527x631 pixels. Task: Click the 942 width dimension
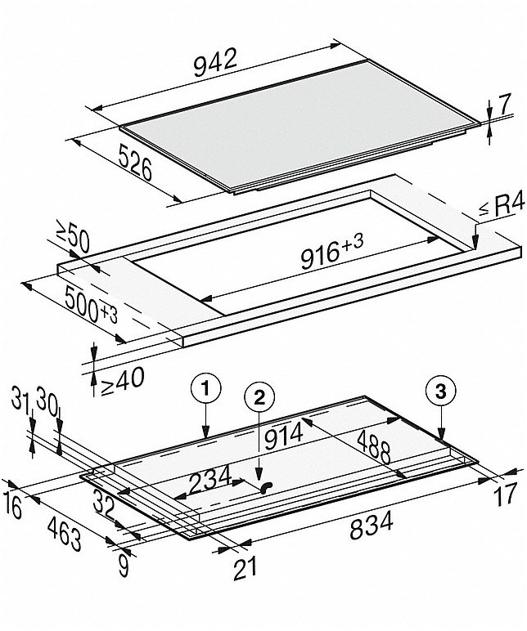click(215, 63)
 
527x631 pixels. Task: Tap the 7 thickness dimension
click(504, 104)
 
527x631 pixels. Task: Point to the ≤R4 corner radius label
click(502, 207)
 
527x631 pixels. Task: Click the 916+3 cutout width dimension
click(332, 253)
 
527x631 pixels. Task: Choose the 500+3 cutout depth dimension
click(91, 305)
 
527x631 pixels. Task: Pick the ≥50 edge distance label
click(72, 240)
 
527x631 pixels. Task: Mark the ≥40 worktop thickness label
click(122, 380)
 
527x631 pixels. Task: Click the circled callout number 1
click(206, 389)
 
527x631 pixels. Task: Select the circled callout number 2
click(259, 397)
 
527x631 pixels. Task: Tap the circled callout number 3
click(441, 392)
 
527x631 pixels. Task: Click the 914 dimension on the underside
click(283, 436)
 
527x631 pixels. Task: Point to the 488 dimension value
click(374, 446)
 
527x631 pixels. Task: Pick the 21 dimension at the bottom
click(245, 569)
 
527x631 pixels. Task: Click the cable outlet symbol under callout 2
click(266, 487)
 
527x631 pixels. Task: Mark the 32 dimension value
click(103, 503)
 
